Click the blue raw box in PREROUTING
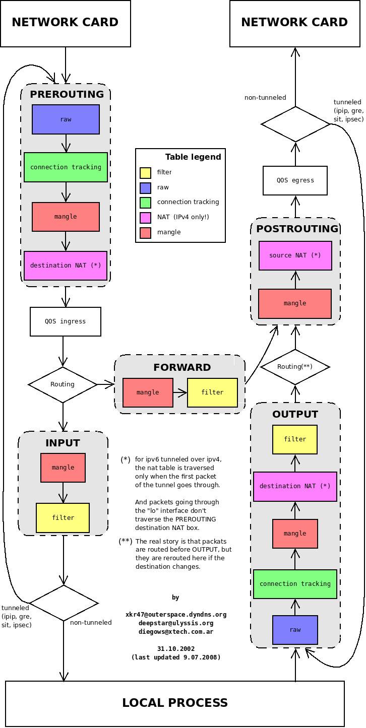click(x=66, y=119)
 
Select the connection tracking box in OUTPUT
click(x=295, y=584)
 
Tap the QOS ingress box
click(x=66, y=321)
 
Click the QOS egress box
click(x=295, y=180)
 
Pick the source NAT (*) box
click(x=295, y=255)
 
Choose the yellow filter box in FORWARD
click(x=212, y=392)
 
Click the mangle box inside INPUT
click(x=63, y=468)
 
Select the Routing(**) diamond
click(x=295, y=367)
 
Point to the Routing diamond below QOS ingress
click(x=63, y=384)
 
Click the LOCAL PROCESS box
click(x=175, y=703)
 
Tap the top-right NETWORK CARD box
click(x=294, y=23)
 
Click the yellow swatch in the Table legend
click(x=145, y=173)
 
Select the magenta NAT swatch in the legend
click(x=145, y=218)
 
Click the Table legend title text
click(x=193, y=157)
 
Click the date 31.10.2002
click(x=175, y=649)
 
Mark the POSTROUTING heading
click(x=297, y=229)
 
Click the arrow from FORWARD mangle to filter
click(x=180, y=392)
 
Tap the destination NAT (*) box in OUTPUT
click(x=295, y=486)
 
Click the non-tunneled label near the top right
click(x=265, y=98)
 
